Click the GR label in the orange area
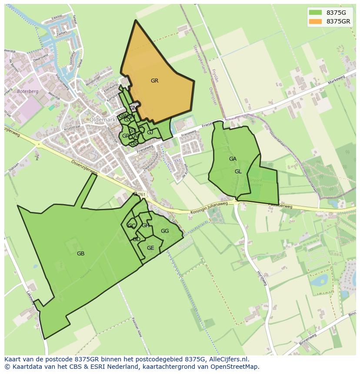pyautogui.click(x=154, y=81)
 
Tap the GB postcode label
pyautogui.click(x=80, y=254)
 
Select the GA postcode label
pyautogui.click(x=233, y=159)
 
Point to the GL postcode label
pyautogui.click(x=238, y=172)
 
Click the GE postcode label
pyautogui.click(x=150, y=248)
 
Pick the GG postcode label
pyautogui.click(x=165, y=231)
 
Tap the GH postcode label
pyautogui.click(x=145, y=225)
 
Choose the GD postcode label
pyautogui.click(x=137, y=239)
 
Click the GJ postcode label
pyautogui.click(x=150, y=132)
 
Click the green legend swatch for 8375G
pyautogui.click(x=315, y=12)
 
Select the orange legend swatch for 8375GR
pyautogui.click(x=315, y=21)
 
